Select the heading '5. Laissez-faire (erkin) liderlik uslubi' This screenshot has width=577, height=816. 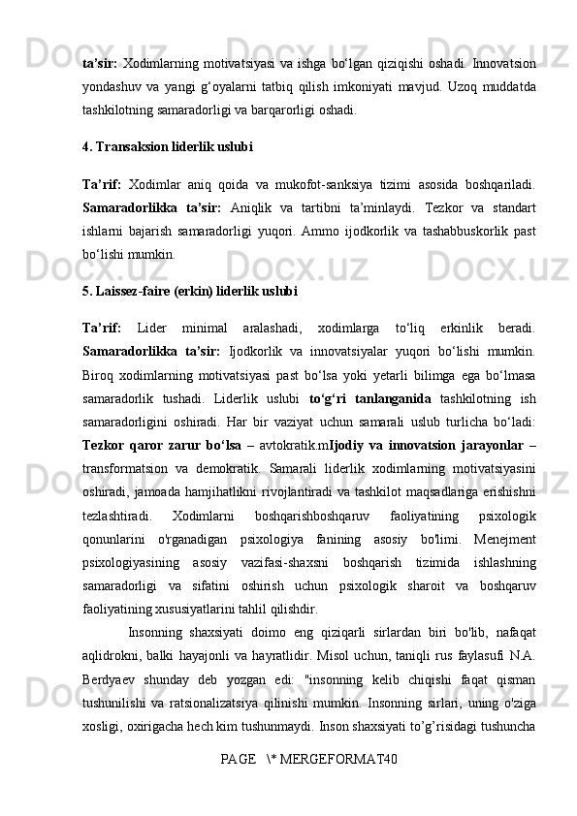point(190,290)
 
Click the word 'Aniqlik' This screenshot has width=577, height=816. point(256,207)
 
